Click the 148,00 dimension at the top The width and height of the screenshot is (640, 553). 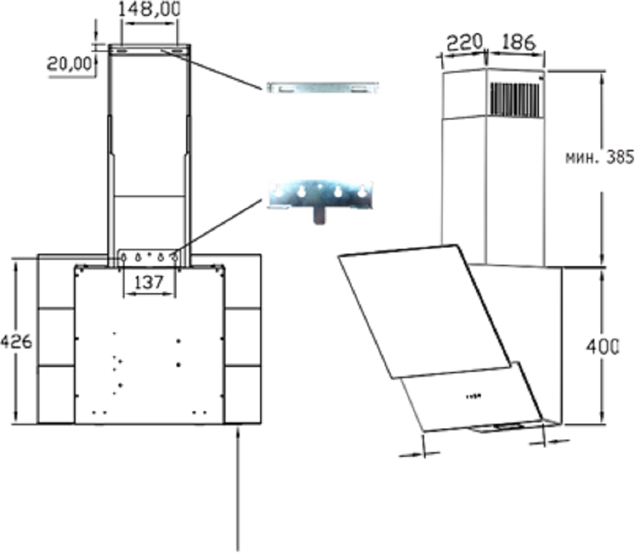149,9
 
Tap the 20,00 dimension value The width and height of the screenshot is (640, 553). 69,64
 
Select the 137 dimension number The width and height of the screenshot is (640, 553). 149,282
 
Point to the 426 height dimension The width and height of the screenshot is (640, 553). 16,341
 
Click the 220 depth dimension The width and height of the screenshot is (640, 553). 465,42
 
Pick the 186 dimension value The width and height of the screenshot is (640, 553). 518,42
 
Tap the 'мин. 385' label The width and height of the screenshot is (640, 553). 600,157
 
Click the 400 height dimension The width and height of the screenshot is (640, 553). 603,346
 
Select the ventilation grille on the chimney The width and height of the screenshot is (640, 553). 517,100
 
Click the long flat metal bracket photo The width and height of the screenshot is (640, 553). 322,88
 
